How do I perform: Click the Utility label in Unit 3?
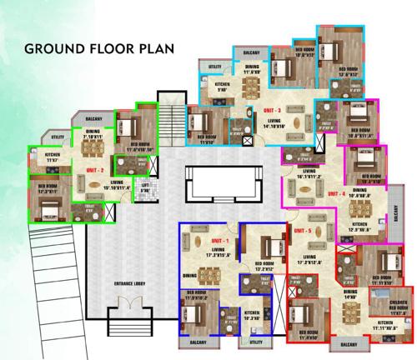[215, 66]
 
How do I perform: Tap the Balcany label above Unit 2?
[94, 121]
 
